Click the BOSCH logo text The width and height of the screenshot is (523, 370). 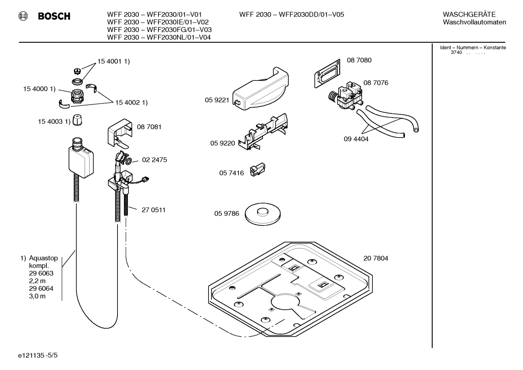(54, 16)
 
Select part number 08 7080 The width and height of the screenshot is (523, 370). (359, 60)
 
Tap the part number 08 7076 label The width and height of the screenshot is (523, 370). (375, 83)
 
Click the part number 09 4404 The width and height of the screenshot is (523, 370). (356, 139)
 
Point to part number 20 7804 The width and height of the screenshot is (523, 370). (375, 258)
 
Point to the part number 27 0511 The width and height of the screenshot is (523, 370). (153, 210)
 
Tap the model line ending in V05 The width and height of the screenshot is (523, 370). (291, 15)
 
